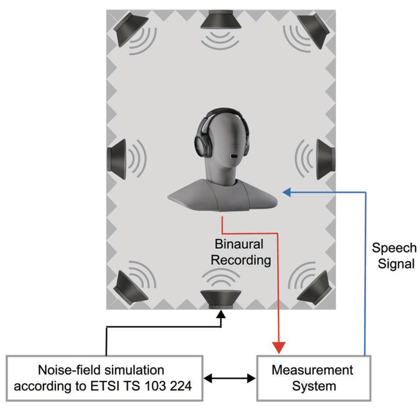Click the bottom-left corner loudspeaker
132,286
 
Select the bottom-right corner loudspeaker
313,286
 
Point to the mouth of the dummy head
235,157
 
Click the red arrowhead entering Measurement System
279,348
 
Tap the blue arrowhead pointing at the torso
286,192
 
